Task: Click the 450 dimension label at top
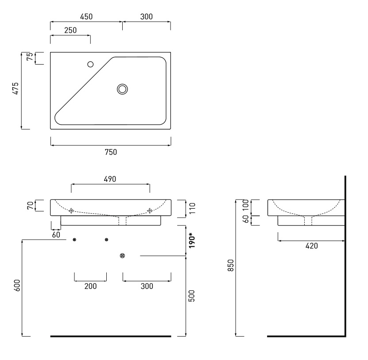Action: [86, 17]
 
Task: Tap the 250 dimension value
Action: [70, 30]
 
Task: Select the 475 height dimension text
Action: [15, 88]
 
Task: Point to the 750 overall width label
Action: [111, 152]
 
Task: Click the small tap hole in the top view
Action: [90, 64]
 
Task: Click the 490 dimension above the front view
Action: [110, 179]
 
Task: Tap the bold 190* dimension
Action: [192, 240]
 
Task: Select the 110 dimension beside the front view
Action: [192, 208]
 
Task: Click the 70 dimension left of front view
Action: [30, 206]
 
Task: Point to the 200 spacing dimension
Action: [91, 286]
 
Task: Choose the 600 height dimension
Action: [17, 285]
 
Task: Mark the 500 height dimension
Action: [191, 296]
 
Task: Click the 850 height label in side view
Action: [231, 265]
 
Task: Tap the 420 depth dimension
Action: [312, 246]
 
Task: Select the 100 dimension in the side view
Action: [245, 205]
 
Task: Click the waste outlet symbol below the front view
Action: [122, 256]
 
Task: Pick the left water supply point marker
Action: [74, 240]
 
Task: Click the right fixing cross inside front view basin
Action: [150, 211]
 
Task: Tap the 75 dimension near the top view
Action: [30, 57]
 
